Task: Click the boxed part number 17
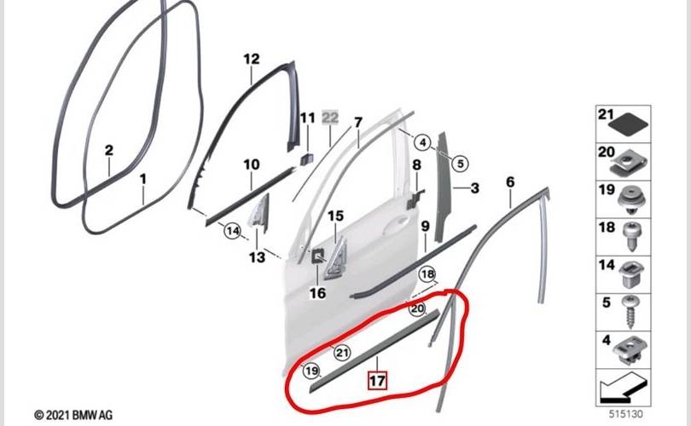coord(377,380)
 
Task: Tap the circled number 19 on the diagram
coord(311,371)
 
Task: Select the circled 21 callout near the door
coord(342,352)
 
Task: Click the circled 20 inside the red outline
coord(417,308)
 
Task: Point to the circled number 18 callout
coord(427,274)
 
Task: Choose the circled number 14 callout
coord(233,231)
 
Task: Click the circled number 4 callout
coord(422,142)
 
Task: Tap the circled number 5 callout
coord(460,164)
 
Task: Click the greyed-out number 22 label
coord(330,117)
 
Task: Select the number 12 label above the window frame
coord(252,59)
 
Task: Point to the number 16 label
coord(317,292)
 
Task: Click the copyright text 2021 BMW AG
coord(73,415)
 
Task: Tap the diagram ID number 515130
coord(626,414)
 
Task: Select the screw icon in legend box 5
coord(631,312)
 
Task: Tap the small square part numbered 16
coord(317,256)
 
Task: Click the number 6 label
coord(510,181)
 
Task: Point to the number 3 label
coord(474,188)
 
